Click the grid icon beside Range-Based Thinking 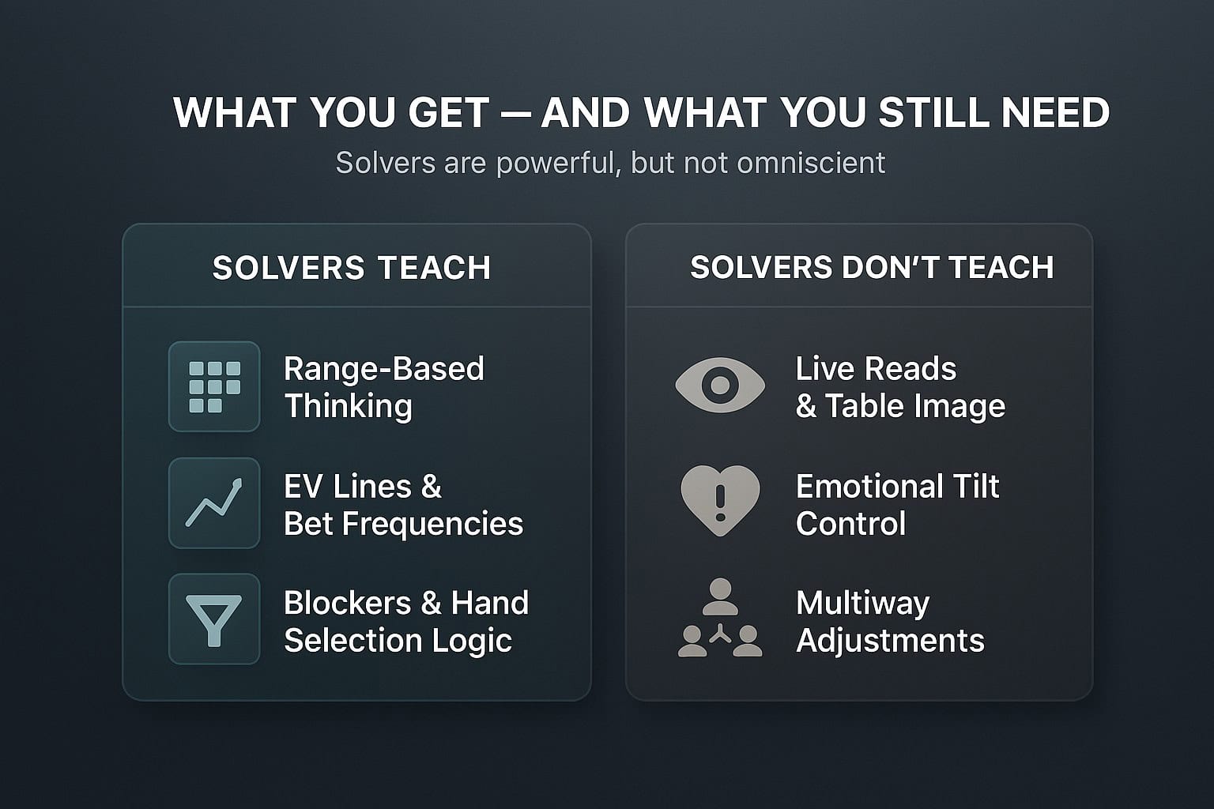point(215,387)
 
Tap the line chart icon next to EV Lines point(214,502)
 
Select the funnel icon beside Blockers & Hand point(213,620)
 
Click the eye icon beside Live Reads point(720,386)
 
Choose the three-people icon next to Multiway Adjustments point(720,618)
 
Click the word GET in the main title point(449,113)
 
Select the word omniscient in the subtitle point(801,163)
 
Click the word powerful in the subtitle point(558,163)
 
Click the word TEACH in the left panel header point(434,268)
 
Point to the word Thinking point(349,406)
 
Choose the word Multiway point(862,604)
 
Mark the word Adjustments point(890,641)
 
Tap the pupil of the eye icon point(720,386)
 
